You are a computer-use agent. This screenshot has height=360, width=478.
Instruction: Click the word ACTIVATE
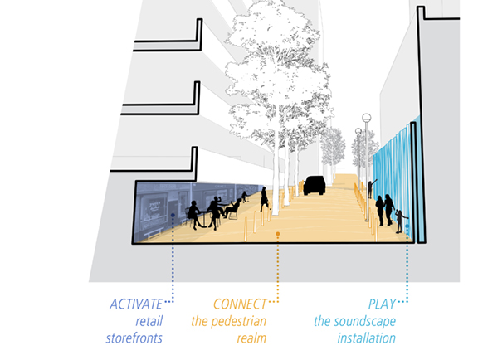pos(136,304)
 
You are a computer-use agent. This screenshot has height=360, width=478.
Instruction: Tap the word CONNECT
pos(240,304)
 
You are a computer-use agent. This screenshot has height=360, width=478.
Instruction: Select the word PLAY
pos(382,304)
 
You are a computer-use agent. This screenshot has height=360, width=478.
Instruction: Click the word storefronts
pos(134,338)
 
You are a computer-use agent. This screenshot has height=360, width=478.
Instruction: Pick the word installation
pos(367,338)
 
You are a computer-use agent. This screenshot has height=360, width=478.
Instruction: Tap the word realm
pos(251,338)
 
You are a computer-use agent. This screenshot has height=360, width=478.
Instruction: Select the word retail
pos(149,321)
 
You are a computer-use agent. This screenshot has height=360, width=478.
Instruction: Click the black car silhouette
pos(315,185)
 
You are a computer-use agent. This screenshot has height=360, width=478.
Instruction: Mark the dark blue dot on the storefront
pos(173,215)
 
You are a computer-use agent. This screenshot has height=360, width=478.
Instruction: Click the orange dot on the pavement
pos(278,234)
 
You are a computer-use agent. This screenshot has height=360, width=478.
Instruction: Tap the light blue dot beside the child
pos(407,226)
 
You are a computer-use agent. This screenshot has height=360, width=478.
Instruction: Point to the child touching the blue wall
pos(400,221)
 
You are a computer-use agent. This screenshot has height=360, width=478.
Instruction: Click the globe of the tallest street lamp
pos(367,117)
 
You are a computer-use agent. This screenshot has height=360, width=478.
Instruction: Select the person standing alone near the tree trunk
pos(264,199)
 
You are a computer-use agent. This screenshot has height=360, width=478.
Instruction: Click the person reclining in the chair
pos(232,207)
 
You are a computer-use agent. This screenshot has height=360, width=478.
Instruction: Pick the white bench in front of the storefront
pos(154,233)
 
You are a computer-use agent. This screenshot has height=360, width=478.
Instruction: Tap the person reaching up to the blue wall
pos(371,188)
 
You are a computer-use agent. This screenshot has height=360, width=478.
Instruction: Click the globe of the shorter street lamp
pos(358,131)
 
